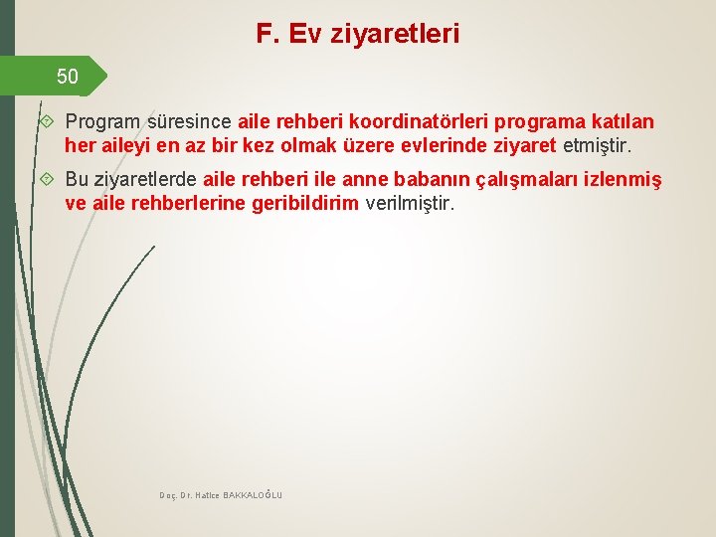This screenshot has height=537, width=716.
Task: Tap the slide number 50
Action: [x=67, y=76]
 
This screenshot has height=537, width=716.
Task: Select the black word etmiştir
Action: [x=597, y=146]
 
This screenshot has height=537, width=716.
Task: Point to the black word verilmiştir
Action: [x=410, y=205]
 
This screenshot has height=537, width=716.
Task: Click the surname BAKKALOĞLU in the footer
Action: [x=253, y=494]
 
